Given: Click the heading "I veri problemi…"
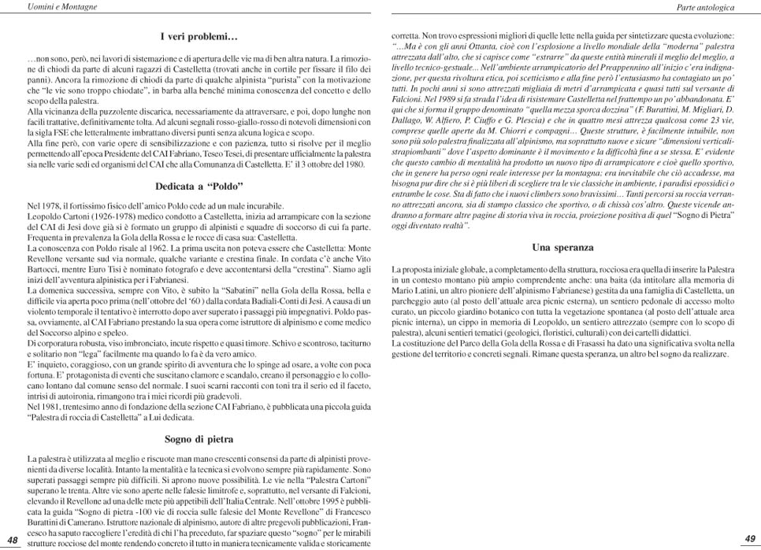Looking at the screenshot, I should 199,36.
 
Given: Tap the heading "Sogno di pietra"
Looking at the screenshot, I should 199,438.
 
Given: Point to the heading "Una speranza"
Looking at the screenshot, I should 562,247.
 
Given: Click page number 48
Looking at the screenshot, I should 13,539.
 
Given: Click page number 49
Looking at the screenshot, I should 749,539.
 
